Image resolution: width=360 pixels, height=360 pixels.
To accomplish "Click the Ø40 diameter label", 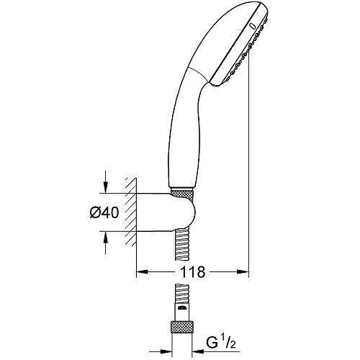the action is (104, 212).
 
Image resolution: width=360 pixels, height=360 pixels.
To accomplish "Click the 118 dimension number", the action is (193, 272).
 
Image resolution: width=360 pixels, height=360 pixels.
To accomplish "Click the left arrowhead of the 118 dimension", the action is (142, 271).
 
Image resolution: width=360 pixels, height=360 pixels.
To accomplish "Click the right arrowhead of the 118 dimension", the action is (243, 271).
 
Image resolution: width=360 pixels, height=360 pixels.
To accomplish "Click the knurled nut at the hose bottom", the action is (182, 326).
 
